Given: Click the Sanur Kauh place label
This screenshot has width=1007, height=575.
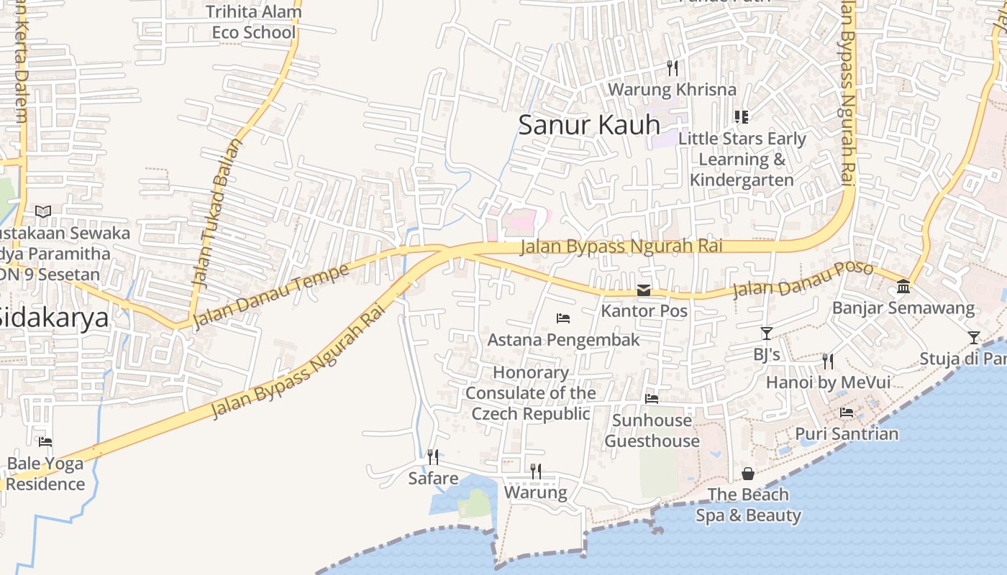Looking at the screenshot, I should point(588,125).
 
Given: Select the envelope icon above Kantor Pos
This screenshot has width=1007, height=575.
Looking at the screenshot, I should point(644,290).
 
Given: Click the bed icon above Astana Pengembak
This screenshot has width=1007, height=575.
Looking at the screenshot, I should point(563,318).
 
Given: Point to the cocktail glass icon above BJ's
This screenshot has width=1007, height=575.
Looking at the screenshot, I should point(766,333).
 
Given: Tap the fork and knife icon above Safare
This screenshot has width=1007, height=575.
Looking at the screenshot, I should point(432,456).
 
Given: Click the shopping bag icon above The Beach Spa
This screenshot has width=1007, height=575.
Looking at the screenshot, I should point(748,474).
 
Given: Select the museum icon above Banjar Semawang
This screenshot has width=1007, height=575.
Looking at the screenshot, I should point(903,287).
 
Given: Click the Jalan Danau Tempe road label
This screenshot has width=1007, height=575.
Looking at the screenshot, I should point(271,295).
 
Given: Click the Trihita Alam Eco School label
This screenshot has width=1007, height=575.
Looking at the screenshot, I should point(253,22).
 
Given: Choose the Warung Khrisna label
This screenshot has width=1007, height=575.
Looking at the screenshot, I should point(672,90).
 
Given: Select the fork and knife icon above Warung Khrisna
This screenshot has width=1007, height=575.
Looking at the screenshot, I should point(673,68).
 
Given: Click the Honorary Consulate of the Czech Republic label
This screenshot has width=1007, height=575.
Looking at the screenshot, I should point(531,393).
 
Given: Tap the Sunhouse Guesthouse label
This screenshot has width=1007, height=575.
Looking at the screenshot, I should point(652,431).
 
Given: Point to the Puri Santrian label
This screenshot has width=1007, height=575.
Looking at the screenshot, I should point(847,434).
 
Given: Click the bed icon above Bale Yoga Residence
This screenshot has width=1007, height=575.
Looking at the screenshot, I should point(45,442).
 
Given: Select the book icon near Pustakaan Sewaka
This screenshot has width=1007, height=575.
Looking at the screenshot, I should point(43,211).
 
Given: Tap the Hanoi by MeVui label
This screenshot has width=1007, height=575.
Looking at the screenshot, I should point(828,382).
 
